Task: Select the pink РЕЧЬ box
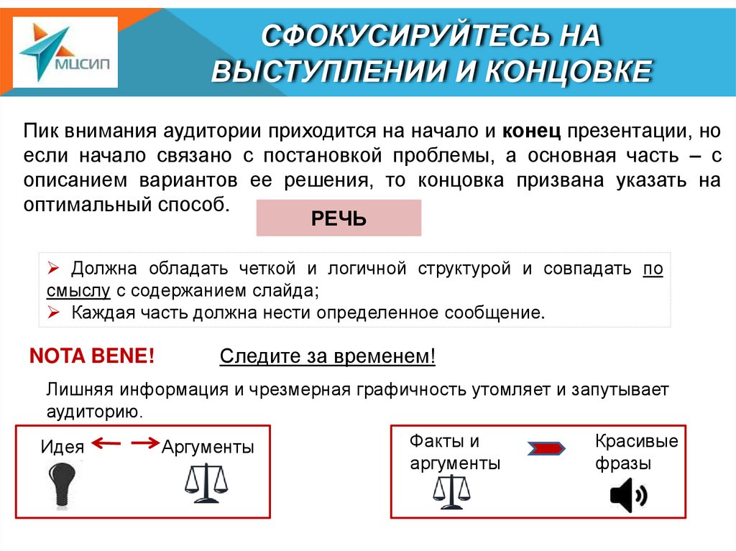click(339, 218)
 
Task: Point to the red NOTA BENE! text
click(91, 356)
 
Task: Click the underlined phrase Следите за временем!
click(328, 357)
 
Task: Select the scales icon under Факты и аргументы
click(452, 489)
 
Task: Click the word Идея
click(63, 447)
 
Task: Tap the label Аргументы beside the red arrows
click(208, 447)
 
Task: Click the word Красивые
click(636, 440)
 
